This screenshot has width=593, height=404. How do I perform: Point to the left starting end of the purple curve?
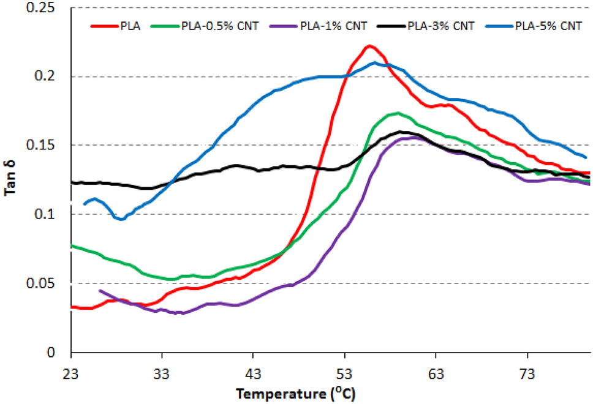point(99,290)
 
